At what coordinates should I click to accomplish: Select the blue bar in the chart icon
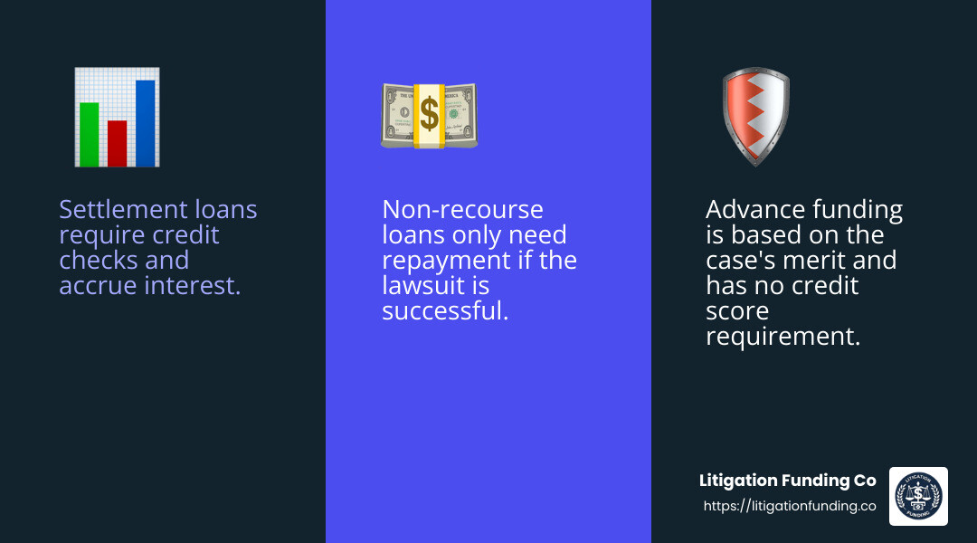coord(145,123)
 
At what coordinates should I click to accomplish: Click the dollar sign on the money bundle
coord(429,115)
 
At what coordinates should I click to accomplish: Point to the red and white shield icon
coord(755,116)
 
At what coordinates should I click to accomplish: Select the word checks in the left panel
coord(92,261)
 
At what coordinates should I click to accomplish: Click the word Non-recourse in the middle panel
coord(462,210)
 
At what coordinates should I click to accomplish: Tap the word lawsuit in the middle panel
coord(422,286)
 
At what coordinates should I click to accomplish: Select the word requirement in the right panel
coord(782,337)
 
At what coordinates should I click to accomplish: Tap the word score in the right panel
coord(737,311)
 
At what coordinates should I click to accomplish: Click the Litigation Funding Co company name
coord(788,481)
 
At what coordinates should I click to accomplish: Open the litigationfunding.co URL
coord(790,507)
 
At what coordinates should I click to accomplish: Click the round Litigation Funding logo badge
coord(918,496)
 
